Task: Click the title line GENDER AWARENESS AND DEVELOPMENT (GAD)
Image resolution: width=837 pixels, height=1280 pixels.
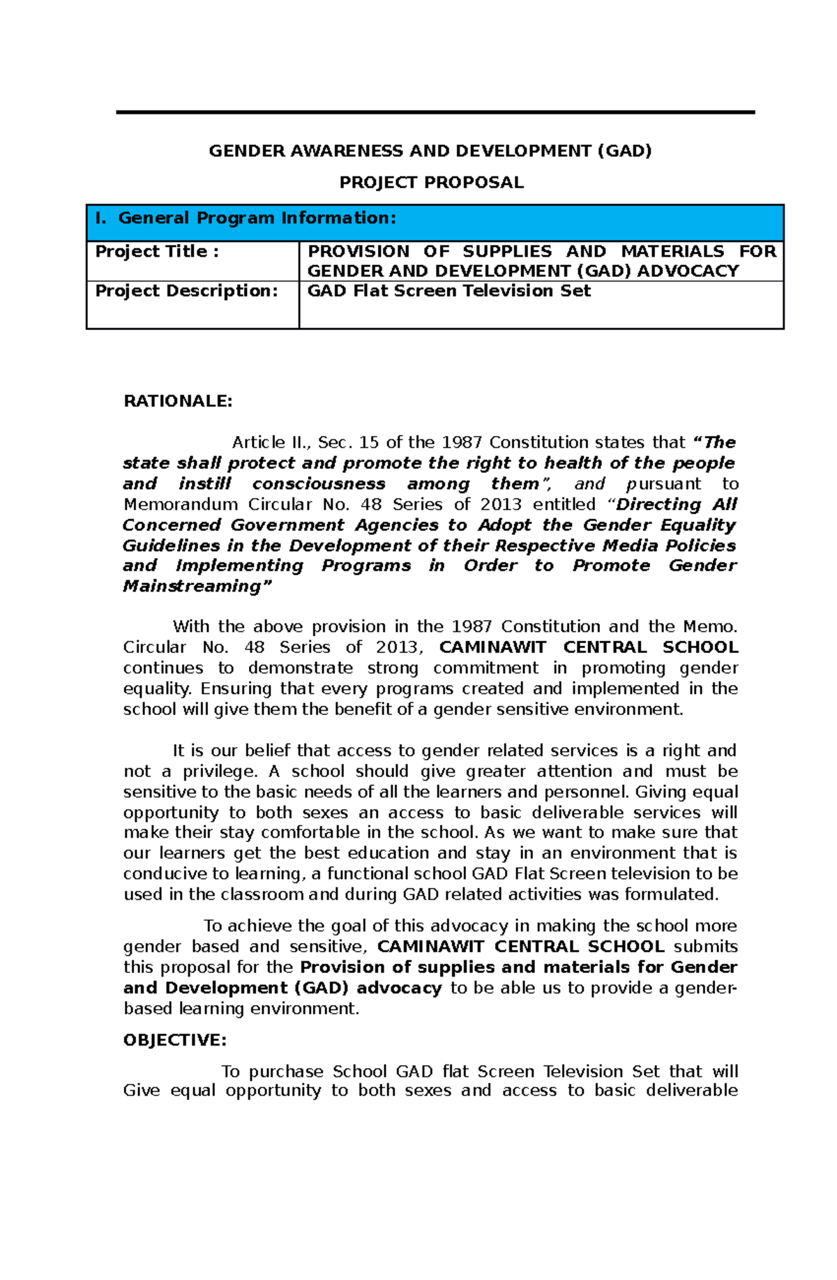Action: point(430,151)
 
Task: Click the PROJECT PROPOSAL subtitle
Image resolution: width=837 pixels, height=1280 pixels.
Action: point(430,183)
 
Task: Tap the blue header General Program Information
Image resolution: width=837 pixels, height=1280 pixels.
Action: point(257,218)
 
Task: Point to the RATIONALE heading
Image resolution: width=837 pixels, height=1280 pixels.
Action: point(177,401)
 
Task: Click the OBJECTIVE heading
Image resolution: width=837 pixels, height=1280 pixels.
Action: point(174,1040)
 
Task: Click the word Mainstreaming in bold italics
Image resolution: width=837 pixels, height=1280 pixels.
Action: point(193,587)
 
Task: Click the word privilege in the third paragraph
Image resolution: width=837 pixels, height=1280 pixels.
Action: point(219,771)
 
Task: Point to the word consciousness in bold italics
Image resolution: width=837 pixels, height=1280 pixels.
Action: point(318,484)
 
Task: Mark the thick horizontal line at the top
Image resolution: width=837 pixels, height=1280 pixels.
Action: point(435,112)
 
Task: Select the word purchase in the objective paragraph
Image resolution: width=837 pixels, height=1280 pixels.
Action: point(286,1071)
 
